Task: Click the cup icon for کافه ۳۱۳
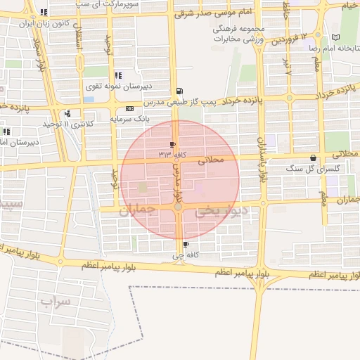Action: coord(173,144)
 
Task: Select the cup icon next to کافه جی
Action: coord(186,245)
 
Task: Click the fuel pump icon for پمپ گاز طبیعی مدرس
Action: coord(181,91)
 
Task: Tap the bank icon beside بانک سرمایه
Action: coord(129,109)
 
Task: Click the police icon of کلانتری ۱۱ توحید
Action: coord(67,113)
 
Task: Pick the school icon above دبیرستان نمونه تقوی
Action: coord(117,75)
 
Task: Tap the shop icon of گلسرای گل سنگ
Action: coord(313,158)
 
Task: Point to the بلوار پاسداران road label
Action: coord(263,160)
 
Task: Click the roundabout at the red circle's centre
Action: coord(179,207)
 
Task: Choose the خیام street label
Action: coord(349,6)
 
